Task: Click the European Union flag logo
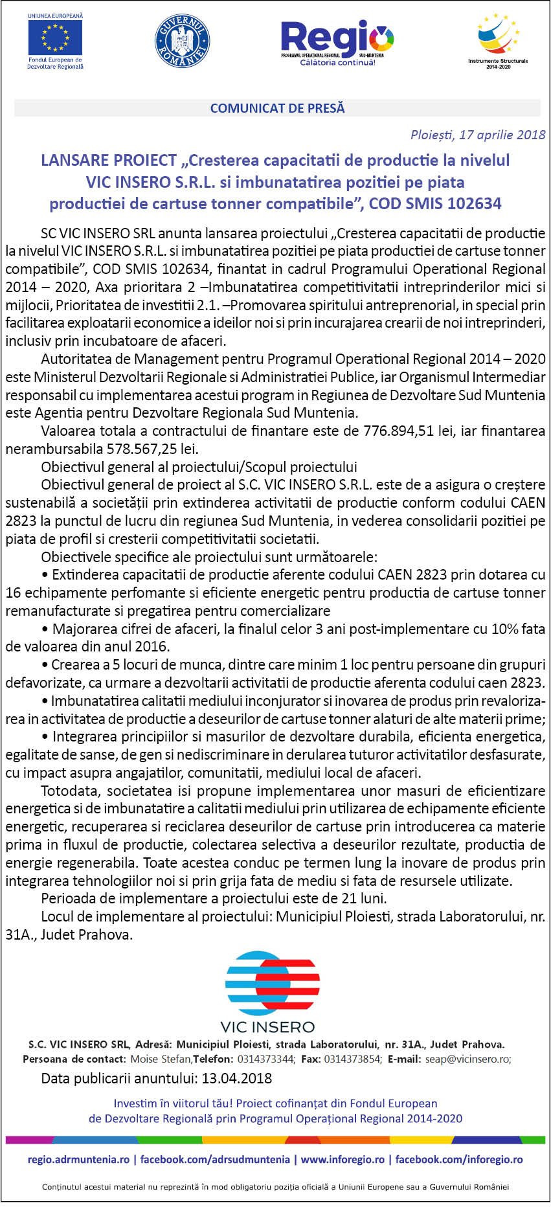click(x=55, y=37)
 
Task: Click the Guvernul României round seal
click(x=183, y=41)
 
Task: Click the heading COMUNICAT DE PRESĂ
click(x=277, y=108)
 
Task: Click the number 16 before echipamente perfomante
click(x=13, y=593)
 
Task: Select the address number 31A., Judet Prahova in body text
click(x=69, y=934)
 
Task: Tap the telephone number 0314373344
click(x=265, y=1059)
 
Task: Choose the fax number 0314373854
click(x=352, y=1059)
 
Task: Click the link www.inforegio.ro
click(x=343, y=1159)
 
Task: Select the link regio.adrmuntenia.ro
click(x=78, y=1159)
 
